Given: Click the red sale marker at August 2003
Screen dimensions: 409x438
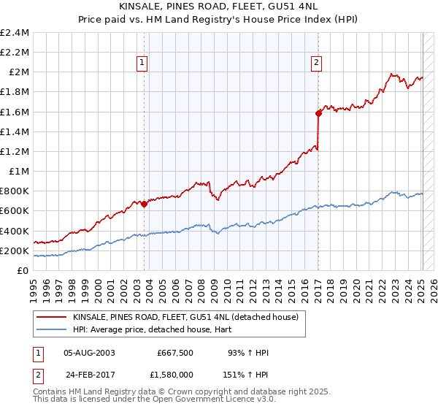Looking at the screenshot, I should [x=144, y=204].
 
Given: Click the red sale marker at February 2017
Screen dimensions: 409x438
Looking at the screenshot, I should [x=318, y=113].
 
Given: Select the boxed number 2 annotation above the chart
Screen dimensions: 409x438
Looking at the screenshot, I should [x=316, y=63].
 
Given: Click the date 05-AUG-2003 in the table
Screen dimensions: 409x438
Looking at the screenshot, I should [x=89, y=353].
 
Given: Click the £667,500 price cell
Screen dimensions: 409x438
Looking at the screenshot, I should [x=174, y=353].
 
